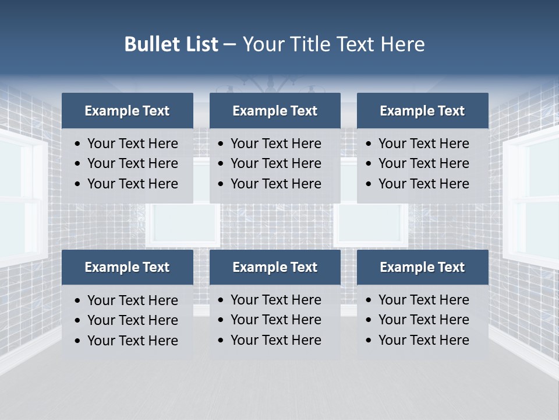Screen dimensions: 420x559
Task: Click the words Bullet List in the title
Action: tap(171, 44)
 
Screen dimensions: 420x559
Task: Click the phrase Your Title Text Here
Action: tap(334, 44)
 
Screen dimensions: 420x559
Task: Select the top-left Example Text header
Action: tap(127, 111)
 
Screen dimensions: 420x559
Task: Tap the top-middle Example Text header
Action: tap(275, 111)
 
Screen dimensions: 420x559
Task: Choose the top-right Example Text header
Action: tap(422, 111)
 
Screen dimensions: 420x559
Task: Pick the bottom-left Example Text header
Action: tap(127, 267)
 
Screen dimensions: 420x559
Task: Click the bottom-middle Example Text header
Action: tap(275, 267)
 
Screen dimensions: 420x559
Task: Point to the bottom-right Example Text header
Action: tap(422, 267)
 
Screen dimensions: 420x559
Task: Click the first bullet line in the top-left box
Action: tap(132, 143)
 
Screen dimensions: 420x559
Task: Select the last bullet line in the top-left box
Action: tap(132, 184)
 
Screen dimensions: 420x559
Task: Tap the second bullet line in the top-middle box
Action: tap(275, 163)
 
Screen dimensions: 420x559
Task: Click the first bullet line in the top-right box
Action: tap(423, 143)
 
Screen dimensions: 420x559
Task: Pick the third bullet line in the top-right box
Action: tap(423, 184)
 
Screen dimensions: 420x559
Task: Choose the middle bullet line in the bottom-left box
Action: tap(132, 320)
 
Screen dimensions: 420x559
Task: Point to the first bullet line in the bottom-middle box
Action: tap(275, 300)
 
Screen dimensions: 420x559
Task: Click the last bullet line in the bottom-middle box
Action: tap(275, 340)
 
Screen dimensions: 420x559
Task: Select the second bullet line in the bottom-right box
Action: tap(423, 320)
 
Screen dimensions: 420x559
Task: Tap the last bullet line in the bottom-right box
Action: tap(423, 340)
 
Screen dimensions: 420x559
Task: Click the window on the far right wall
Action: tap(533, 198)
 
